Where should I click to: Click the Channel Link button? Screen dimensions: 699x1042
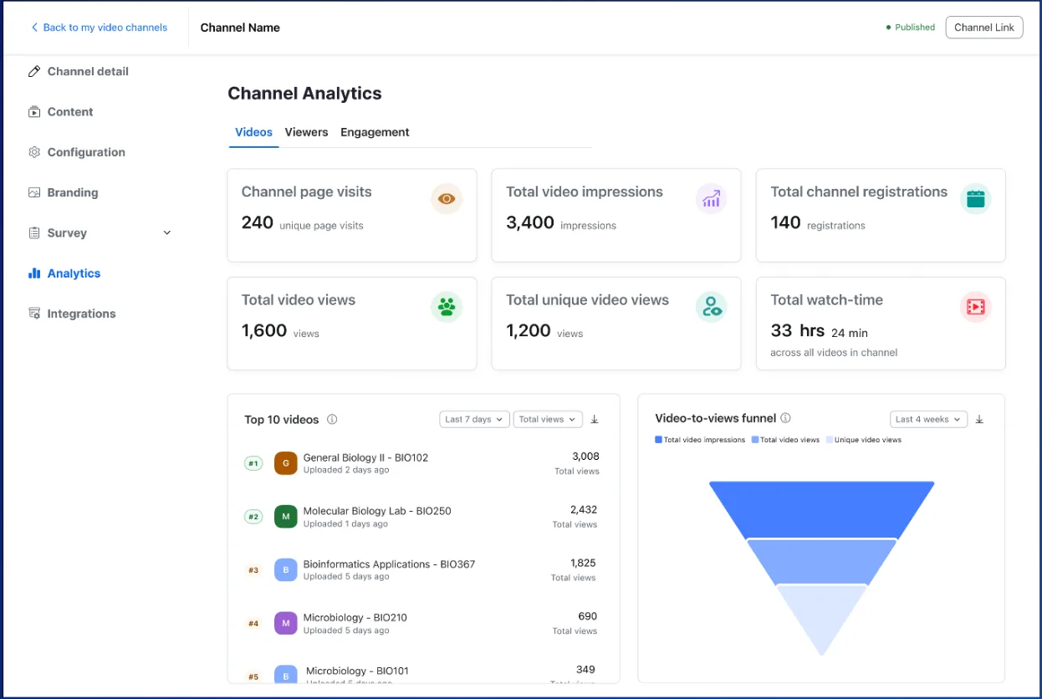pyautogui.click(x=983, y=28)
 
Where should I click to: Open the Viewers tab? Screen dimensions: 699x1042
pyautogui.click(x=306, y=132)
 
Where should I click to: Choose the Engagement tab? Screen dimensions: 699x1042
pyautogui.click(x=375, y=132)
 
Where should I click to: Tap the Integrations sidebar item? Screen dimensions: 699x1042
pyautogui.click(x=81, y=314)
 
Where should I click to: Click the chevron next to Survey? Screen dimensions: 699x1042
pyautogui.click(x=166, y=233)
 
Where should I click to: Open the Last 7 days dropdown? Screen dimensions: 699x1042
pyautogui.click(x=474, y=420)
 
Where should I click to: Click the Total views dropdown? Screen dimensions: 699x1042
pyautogui.click(x=547, y=420)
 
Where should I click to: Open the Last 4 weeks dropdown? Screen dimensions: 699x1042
pyautogui.click(x=927, y=420)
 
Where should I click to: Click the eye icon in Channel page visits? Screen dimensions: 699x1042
pyautogui.click(x=447, y=199)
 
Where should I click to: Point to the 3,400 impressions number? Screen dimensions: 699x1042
pyautogui.click(x=530, y=223)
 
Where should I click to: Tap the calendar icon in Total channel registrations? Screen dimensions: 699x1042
pyautogui.click(x=975, y=199)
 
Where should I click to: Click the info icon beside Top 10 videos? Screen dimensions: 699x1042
pyautogui.click(x=332, y=420)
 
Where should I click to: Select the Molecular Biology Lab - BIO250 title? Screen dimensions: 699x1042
pyautogui.click(x=376, y=511)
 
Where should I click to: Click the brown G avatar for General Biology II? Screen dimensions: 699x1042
pyautogui.click(x=286, y=463)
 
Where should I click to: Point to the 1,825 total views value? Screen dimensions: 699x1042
pyautogui.click(x=583, y=563)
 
